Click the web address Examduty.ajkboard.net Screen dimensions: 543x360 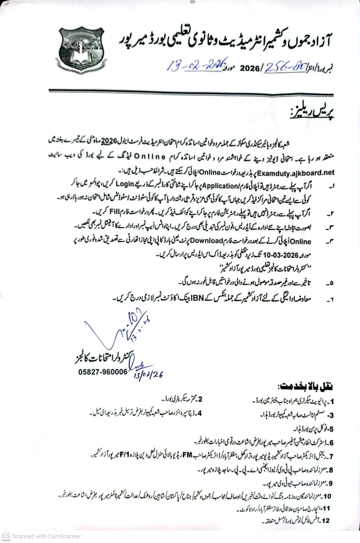coord(296,173)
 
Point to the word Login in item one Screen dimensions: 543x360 coord(125,184)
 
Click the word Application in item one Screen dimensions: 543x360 coord(220,186)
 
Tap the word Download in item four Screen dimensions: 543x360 coord(206,241)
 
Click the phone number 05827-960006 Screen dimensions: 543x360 coord(103,372)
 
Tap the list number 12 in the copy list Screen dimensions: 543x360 coord(325,521)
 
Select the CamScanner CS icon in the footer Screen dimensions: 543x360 coord(6,536)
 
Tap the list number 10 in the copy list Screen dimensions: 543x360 coord(327,496)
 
